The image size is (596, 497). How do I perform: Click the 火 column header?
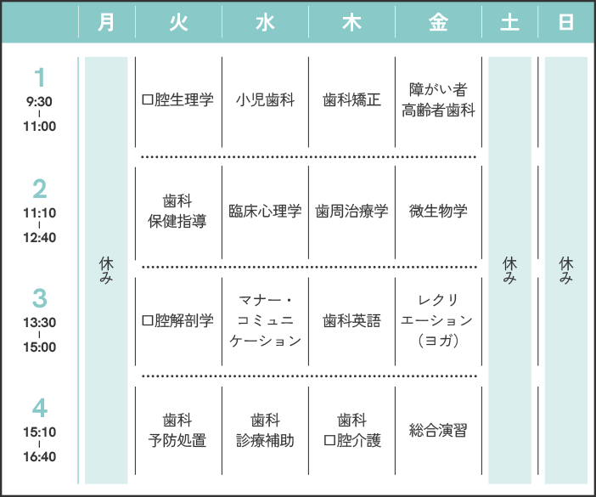point(178,22)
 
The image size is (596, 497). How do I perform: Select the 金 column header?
point(438,22)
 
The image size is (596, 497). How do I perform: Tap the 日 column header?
point(566,22)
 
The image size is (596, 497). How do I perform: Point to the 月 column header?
point(106,22)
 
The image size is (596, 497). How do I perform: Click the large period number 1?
point(40,77)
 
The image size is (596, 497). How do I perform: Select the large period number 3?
point(40,298)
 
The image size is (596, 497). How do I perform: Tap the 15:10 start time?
point(40,432)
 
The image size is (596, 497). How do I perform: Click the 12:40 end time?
point(40,237)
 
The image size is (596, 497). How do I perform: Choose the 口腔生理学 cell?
point(177,100)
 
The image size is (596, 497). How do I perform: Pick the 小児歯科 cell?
point(265,100)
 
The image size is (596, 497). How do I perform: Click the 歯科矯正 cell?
point(352,100)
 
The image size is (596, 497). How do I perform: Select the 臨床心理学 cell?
point(265,212)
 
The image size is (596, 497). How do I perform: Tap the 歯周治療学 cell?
point(352,212)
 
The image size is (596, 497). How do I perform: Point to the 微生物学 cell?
point(438,212)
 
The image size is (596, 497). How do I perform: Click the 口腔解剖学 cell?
point(177,321)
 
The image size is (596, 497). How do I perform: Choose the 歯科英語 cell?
point(352,321)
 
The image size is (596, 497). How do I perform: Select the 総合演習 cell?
point(438,431)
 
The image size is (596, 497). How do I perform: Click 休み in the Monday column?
point(106,270)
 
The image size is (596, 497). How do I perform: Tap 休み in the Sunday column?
point(566,270)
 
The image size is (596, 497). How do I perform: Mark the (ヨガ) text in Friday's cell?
point(438,341)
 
